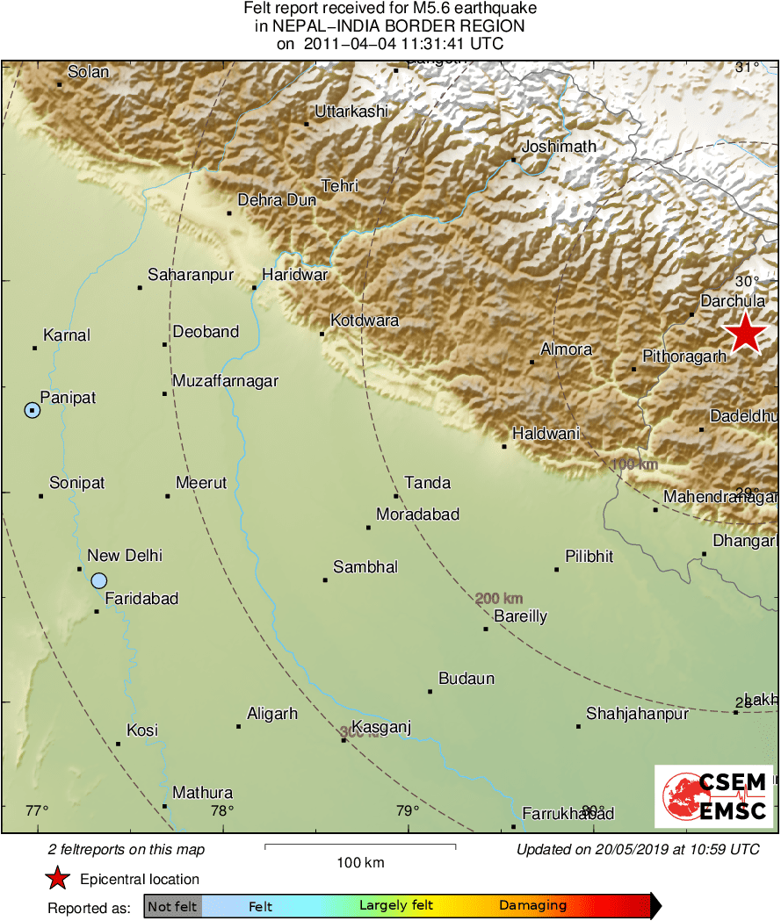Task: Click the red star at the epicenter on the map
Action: [745, 334]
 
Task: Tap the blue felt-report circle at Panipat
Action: [33, 410]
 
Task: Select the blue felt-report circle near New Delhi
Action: [98, 580]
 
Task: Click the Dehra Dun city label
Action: [277, 200]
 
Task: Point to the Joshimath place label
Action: [559, 147]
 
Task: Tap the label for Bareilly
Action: [520, 616]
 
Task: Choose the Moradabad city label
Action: [417, 514]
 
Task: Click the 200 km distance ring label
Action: [499, 599]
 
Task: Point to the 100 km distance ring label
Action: [634, 464]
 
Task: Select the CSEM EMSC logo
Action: [713, 796]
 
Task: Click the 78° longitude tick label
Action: [221, 810]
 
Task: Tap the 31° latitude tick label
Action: [747, 68]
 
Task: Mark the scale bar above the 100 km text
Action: [360, 846]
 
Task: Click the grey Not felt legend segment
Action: [172, 906]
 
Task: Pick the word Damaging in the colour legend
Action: [532, 906]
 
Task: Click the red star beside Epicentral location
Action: [58, 879]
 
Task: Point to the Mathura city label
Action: [202, 793]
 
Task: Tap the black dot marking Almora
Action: [532, 362]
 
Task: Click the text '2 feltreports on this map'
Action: [127, 850]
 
